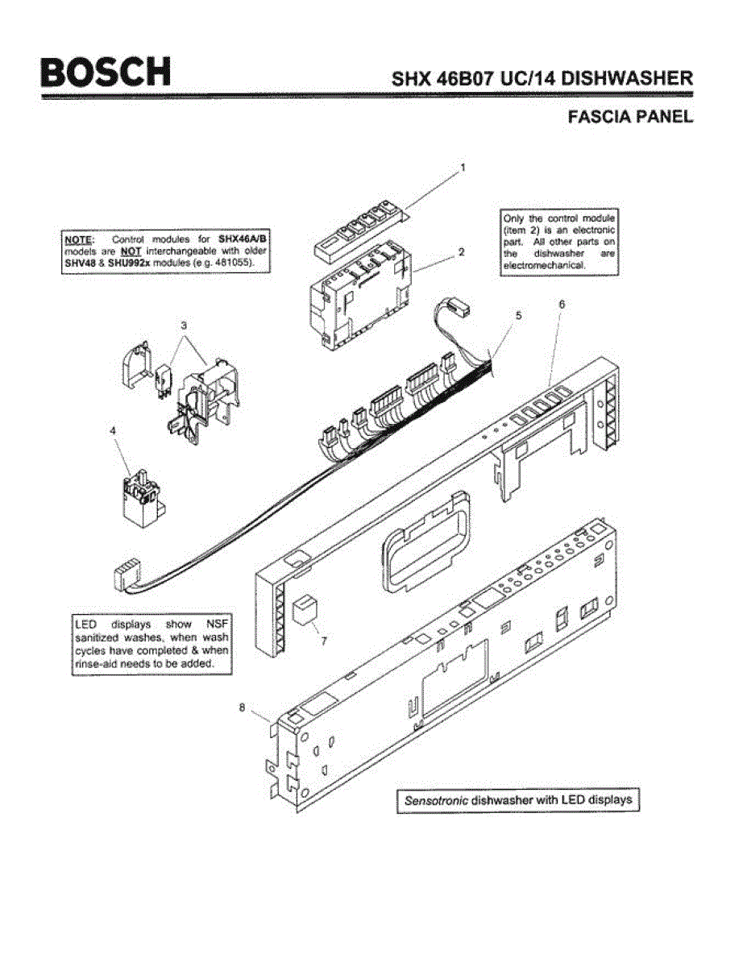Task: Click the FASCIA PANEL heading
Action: (x=630, y=117)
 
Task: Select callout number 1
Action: (x=463, y=168)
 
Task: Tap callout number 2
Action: (x=461, y=251)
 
